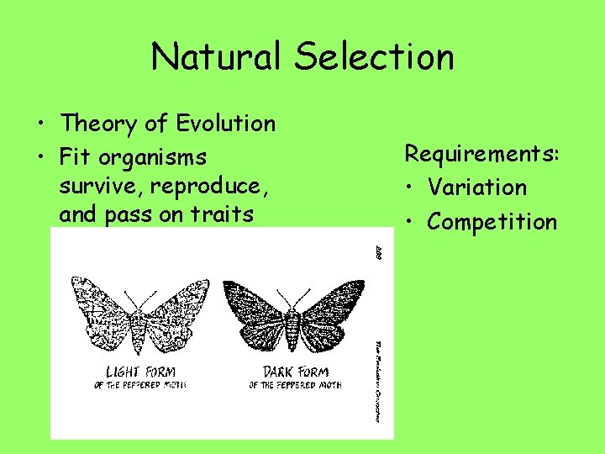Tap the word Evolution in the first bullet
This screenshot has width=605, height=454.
226,124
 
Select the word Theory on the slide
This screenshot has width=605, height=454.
97,124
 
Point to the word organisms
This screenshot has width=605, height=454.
153,158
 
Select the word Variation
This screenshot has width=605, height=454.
476,187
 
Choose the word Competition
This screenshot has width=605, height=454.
492,222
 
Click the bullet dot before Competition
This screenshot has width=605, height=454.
412,223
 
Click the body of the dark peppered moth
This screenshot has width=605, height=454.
293,328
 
